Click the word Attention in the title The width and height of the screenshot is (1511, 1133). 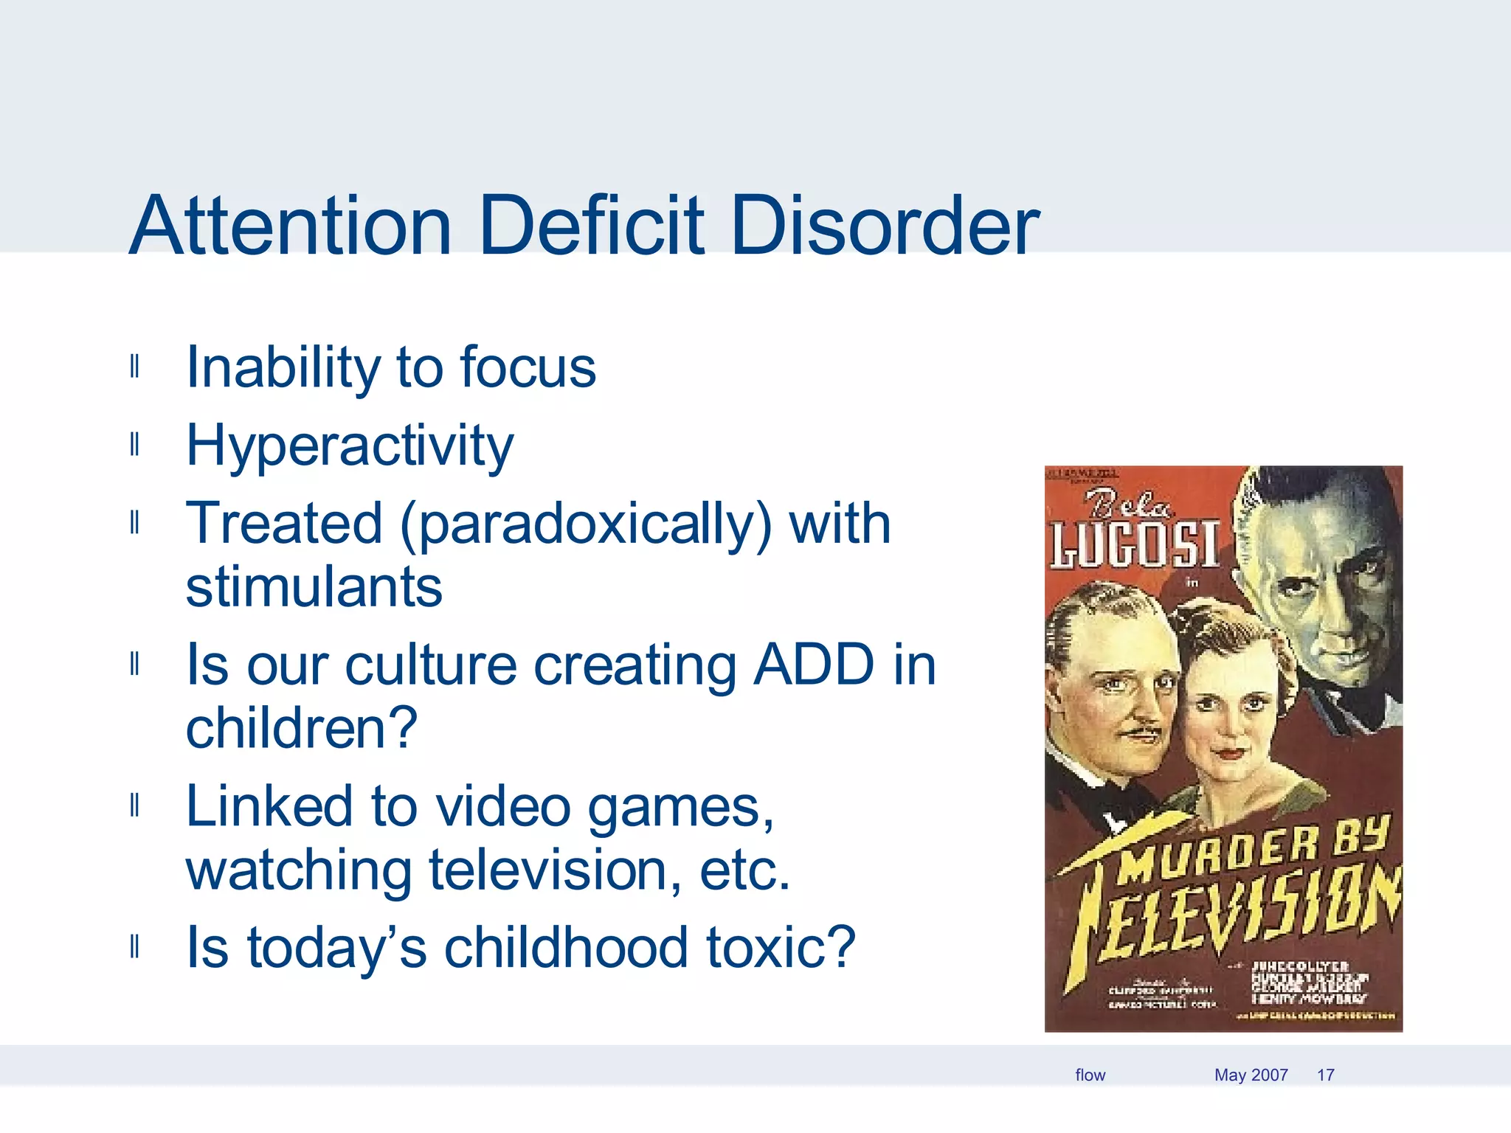click(290, 226)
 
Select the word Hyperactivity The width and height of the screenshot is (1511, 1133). click(350, 446)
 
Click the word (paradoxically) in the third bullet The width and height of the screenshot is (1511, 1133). click(585, 524)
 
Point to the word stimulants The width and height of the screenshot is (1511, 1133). click(314, 587)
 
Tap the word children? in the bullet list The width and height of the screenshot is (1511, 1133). click(301, 729)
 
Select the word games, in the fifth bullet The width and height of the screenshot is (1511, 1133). click(680, 807)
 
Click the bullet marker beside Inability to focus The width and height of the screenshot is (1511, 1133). click(134, 367)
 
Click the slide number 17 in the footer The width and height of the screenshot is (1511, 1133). click(1325, 1075)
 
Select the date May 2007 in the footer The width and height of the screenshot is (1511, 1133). click(1251, 1075)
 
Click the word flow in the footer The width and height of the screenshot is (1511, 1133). click(1090, 1075)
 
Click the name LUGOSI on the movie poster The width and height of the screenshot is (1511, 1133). click(1134, 546)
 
